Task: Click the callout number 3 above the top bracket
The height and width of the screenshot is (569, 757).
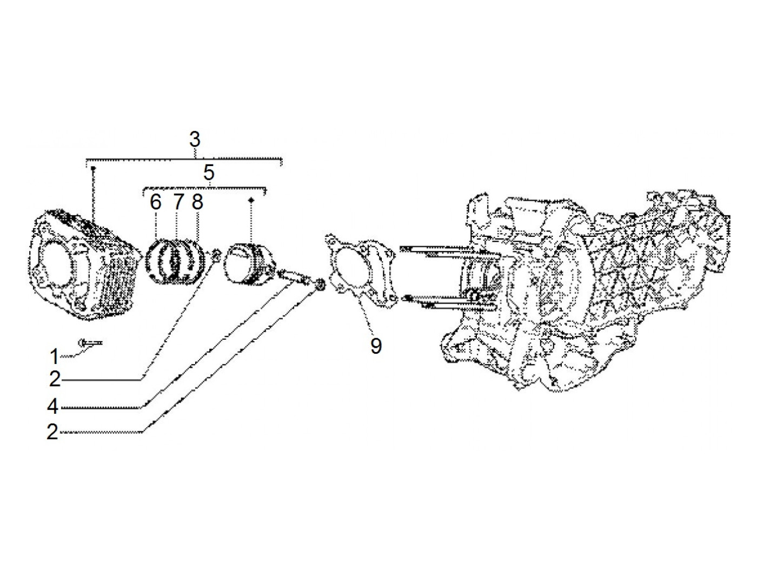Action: coord(195,140)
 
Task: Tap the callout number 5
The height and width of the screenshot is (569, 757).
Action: coord(209,173)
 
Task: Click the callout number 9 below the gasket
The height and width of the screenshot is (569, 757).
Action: coord(376,345)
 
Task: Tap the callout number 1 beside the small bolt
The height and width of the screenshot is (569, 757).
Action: coord(54,357)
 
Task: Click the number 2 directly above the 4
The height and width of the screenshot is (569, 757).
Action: coord(54,380)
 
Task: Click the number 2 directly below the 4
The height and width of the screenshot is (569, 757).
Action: coord(52,432)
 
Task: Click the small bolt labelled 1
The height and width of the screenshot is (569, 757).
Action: coord(90,342)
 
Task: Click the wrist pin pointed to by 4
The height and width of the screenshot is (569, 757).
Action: coord(293,277)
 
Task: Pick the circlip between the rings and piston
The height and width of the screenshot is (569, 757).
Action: coord(216,253)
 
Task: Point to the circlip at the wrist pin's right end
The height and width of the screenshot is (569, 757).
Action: coord(319,284)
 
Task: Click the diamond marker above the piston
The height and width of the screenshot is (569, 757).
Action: coord(251,201)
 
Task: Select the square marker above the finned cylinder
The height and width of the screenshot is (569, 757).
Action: coord(93,169)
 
